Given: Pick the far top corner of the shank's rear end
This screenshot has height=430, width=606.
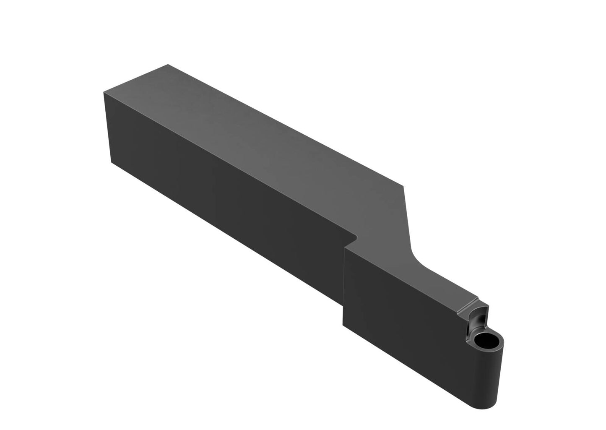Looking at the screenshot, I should point(168,65).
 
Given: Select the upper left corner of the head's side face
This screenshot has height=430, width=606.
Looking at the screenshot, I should point(344,248).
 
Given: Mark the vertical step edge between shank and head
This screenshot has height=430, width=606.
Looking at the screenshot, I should point(344,285).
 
